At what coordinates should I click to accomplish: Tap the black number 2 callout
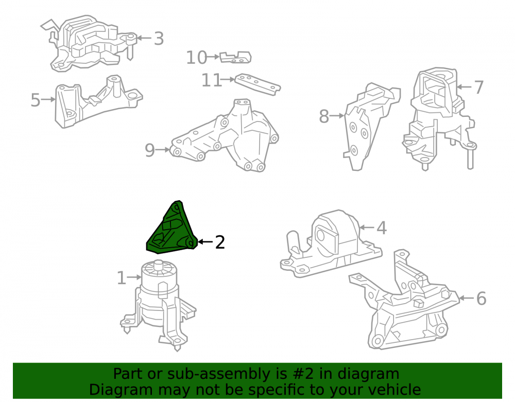[220, 242]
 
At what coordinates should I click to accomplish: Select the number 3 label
[159, 39]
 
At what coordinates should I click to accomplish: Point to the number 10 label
[196, 58]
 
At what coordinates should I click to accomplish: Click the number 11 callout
[212, 80]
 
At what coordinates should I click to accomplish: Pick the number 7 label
[479, 88]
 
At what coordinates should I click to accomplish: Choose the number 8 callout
[324, 116]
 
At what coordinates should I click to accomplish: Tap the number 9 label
[150, 150]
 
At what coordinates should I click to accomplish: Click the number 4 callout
[381, 228]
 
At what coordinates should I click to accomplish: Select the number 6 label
[481, 299]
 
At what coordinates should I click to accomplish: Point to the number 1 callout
[121, 278]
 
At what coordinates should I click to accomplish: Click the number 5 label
[35, 100]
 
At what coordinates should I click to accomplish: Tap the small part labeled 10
[235, 57]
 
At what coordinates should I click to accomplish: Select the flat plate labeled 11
[258, 84]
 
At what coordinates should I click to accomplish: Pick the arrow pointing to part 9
[163, 150]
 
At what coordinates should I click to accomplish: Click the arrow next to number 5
[48, 99]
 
